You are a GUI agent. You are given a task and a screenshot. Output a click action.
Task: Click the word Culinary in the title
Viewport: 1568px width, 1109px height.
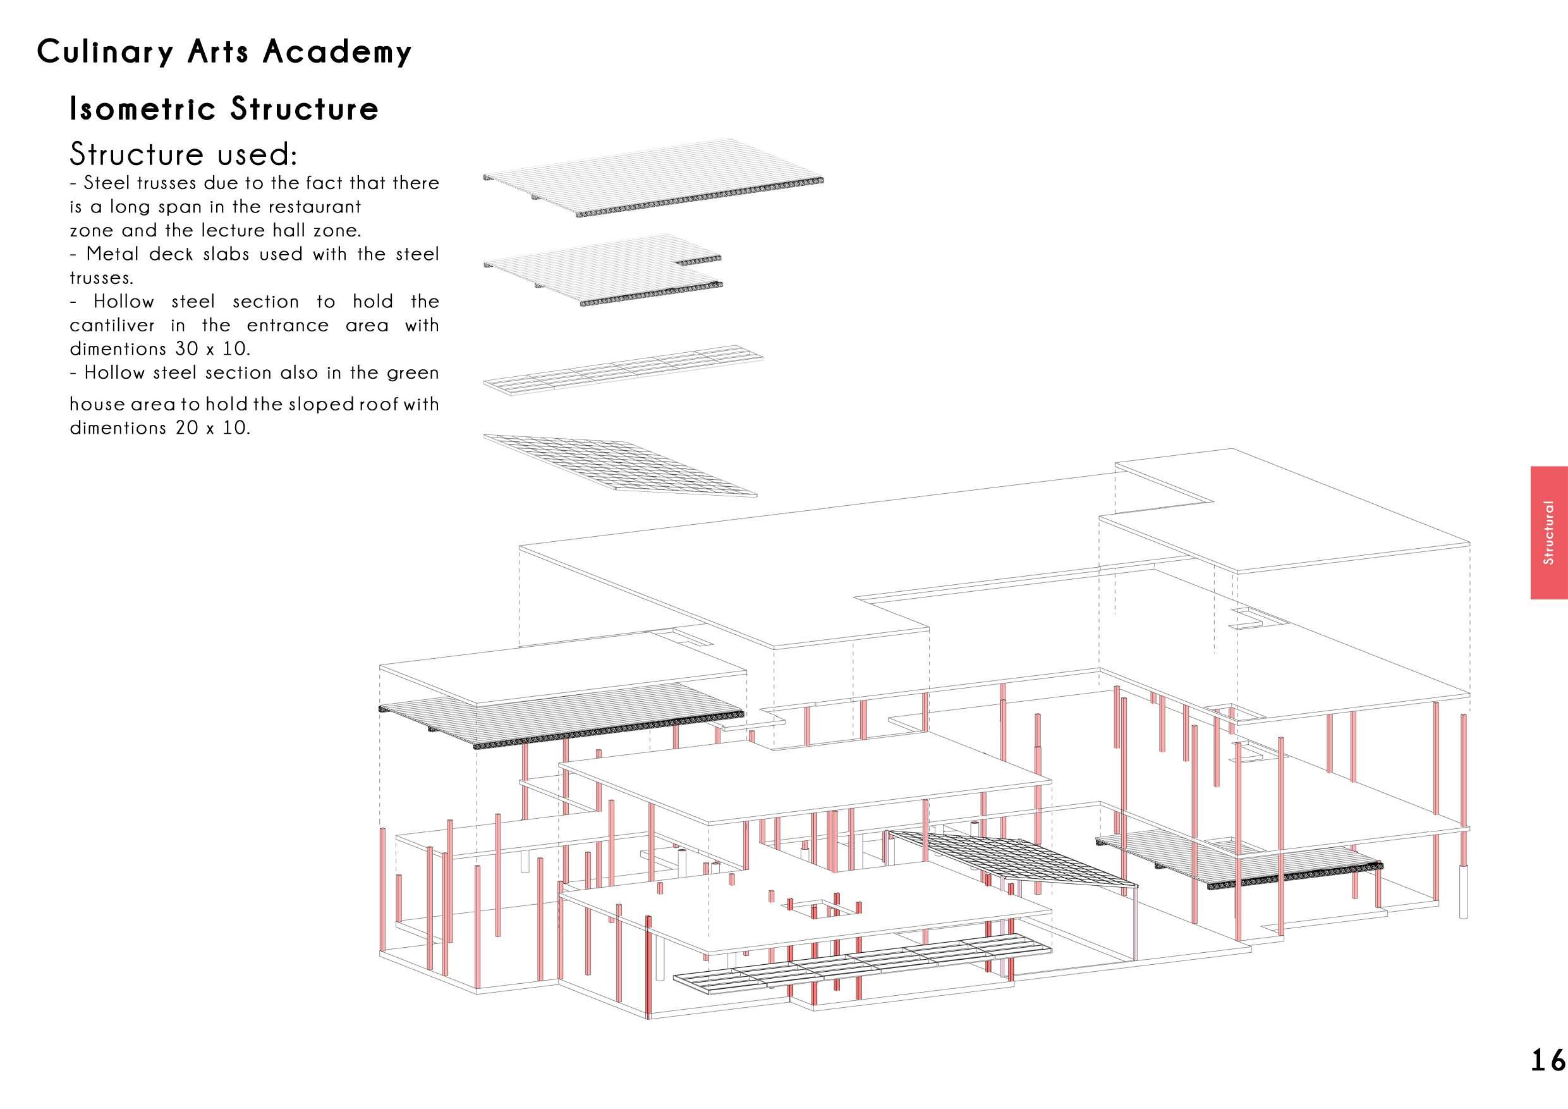click(105, 52)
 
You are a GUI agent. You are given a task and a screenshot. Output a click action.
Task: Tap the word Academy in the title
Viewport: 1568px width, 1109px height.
click(337, 52)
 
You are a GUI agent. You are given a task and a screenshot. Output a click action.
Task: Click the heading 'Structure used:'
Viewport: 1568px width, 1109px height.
click(183, 154)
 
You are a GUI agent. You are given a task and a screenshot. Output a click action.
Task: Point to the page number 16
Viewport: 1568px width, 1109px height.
click(1547, 1060)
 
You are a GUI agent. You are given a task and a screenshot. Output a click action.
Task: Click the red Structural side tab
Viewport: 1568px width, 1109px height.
click(1548, 532)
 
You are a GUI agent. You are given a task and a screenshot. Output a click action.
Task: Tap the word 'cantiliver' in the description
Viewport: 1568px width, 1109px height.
click(112, 325)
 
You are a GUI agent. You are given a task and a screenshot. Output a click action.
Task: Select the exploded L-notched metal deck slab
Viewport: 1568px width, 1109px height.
click(601, 270)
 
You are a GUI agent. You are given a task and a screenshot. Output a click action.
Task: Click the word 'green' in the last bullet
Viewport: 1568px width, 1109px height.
click(413, 373)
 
